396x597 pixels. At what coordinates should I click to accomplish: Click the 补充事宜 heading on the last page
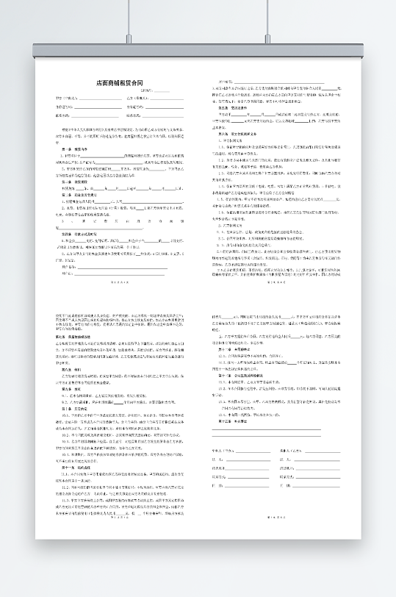(x=228, y=421)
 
